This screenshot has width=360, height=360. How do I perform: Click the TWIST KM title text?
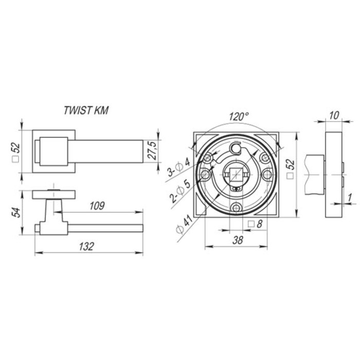[x=86, y=111]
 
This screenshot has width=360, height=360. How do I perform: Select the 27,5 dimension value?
[x=152, y=151]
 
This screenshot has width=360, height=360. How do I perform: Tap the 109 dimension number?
[x=97, y=206]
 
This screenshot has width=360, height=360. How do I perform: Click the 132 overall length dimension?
[x=87, y=246]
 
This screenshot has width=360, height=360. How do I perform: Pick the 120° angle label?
[x=239, y=116]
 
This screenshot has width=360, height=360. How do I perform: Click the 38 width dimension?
[x=238, y=240]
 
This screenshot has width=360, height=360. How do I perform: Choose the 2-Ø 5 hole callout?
[x=181, y=191]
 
